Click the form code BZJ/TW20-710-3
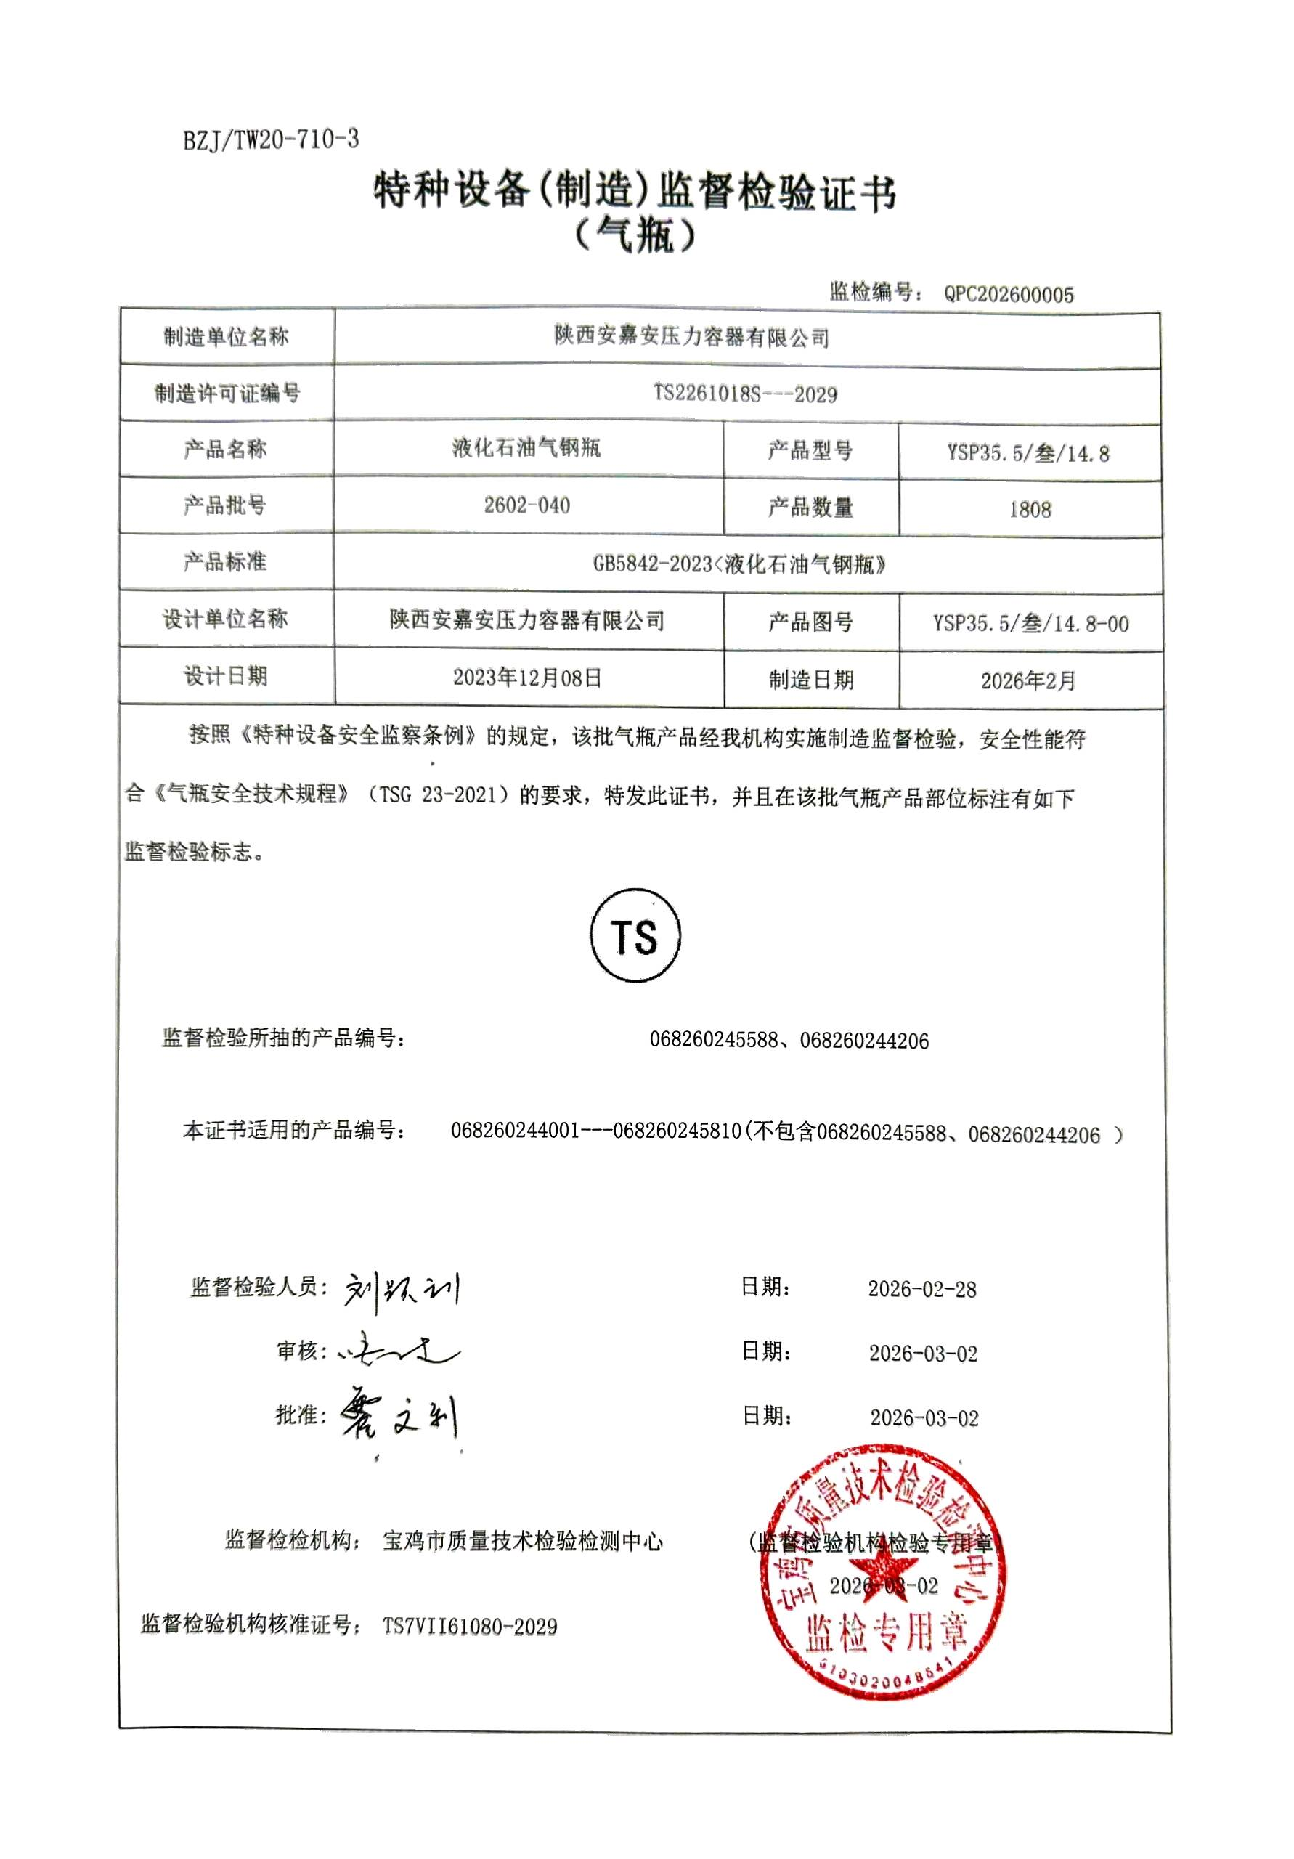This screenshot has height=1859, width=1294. point(270,140)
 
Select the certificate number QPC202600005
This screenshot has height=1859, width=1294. point(1008,294)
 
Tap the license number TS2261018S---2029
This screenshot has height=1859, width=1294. point(745,394)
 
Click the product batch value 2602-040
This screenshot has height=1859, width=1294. point(526,505)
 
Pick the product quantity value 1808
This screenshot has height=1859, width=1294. point(1029,509)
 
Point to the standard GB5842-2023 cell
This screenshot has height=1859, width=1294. point(738,564)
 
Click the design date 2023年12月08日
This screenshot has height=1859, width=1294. point(527,677)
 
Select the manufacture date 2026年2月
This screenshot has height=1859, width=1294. point(1028,681)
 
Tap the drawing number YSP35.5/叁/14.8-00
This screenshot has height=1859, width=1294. point(1030,624)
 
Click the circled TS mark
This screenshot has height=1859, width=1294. point(635,936)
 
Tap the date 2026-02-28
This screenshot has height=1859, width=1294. point(921,1289)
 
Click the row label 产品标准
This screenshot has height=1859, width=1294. point(224,561)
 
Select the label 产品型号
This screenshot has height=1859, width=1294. point(810,450)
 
